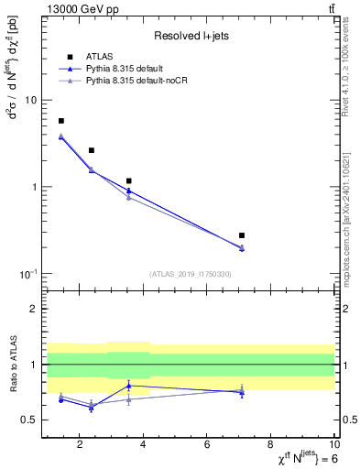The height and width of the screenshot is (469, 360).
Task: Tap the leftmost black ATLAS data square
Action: pyautogui.click(x=61, y=121)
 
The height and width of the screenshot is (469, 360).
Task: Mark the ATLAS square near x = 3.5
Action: pyautogui.click(x=129, y=181)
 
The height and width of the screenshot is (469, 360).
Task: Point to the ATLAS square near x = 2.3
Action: pyautogui.click(x=92, y=150)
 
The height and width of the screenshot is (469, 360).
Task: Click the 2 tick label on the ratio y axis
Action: pyautogui.click(x=32, y=309)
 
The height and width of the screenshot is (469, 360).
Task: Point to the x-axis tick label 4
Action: pyautogui.click(x=145, y=445)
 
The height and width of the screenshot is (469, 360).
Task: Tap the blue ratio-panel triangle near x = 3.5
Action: pyautogui.click(x=129, y=386)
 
